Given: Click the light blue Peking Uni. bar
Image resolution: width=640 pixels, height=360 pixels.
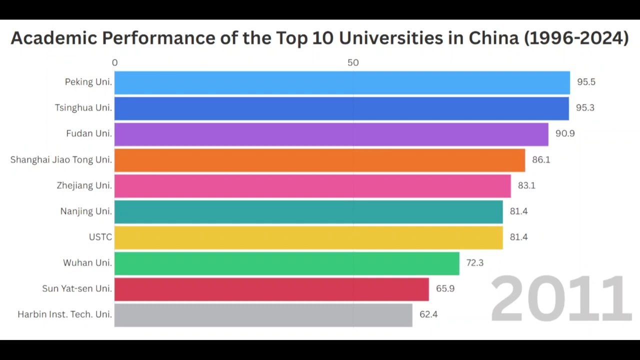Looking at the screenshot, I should (x=342, y=82).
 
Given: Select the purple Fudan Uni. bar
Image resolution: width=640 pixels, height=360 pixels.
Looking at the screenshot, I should (x=331, y=134).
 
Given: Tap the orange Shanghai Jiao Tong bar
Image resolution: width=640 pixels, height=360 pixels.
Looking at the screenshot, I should (x=319, y=160).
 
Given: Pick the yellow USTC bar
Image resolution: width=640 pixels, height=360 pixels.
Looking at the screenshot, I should (x=308, y=237).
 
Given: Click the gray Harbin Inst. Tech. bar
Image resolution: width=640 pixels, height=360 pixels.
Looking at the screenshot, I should (x=263, y=315).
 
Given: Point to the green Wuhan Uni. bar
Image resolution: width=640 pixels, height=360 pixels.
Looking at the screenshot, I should (x=286, y=263).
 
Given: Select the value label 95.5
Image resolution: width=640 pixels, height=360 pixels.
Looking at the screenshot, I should (x=586, y=82).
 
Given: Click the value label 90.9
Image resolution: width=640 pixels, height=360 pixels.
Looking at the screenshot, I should (x=565, y=133).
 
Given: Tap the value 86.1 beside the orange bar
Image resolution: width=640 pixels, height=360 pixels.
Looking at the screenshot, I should (x=541, y=160).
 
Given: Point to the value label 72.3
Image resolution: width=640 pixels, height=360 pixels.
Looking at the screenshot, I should (x=474, y=263).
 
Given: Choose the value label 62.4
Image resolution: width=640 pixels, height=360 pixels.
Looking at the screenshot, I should (x=428, y=314).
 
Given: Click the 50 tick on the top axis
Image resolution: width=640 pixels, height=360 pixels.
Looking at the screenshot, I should (x=353, y=63).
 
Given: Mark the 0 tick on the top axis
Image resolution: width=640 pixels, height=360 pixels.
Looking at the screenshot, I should (x=115, y=63).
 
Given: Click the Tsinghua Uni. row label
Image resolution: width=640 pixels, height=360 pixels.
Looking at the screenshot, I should (x=83, y=108).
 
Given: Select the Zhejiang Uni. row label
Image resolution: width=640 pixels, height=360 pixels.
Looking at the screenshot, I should (x=84, y=185).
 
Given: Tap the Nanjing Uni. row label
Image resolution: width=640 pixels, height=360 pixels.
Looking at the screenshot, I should (x=85, y=211).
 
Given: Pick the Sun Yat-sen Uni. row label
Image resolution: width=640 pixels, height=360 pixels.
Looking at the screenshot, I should (x=77, y=289).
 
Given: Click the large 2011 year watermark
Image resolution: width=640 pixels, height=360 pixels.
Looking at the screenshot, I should (x=560, y=299).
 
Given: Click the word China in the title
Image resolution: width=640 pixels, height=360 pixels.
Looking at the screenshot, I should (x=493, y=38).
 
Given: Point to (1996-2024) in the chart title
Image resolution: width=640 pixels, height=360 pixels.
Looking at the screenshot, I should (x=576, y=38).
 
